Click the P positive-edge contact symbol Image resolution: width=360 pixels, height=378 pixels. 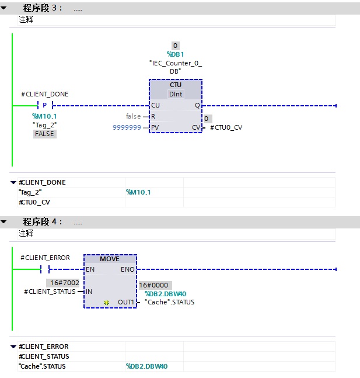pyautogui.click(x=45, y=105)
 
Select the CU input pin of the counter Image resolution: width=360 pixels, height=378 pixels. pyautogui.click(x=155, y=105)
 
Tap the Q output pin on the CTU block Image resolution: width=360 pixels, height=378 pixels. pyautogui.click(x=197, y=105)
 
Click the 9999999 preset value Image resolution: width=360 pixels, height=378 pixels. pyautogui.click(x=127, y=127)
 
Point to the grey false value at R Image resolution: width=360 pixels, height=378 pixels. pyautogui.click(x=133, y=116)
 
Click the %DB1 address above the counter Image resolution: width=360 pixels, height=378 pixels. pyautogui.click(x=175, y=54)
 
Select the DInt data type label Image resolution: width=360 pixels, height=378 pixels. pyautogui.click(x=176, y=94)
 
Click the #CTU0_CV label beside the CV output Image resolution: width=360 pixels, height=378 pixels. pyautogui.click(x=226, y=127)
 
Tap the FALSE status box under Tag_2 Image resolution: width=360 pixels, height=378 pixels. pyautogui.click(x=44, y=134)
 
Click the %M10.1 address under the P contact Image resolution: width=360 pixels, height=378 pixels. pyautogui.click(x=44, y=116)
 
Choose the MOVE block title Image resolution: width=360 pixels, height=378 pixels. pyautogui.click(x=110, y=259)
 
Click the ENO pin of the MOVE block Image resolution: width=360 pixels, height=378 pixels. pyautogui.click(x=127, y=269)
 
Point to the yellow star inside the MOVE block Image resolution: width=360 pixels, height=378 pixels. pyautogui.click(x=106, y=303)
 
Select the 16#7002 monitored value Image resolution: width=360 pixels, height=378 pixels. pyautogui.click(x=65, y=283)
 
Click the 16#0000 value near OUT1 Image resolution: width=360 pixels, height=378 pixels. pyautogui.click(x=153, y=285)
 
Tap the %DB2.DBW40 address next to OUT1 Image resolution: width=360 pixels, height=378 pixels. pyautogui.click(x=166, y=294)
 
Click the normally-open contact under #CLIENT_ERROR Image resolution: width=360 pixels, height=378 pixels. pyautogui.click(x=45, y=269)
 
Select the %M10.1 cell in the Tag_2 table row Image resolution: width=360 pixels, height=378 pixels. pyautogui.click(x=138, y=192)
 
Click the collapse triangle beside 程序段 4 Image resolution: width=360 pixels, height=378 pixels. pyautogui.click(x=4, y=221)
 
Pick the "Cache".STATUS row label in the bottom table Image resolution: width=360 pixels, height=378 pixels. pyautogui.click(x=42, y=366)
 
